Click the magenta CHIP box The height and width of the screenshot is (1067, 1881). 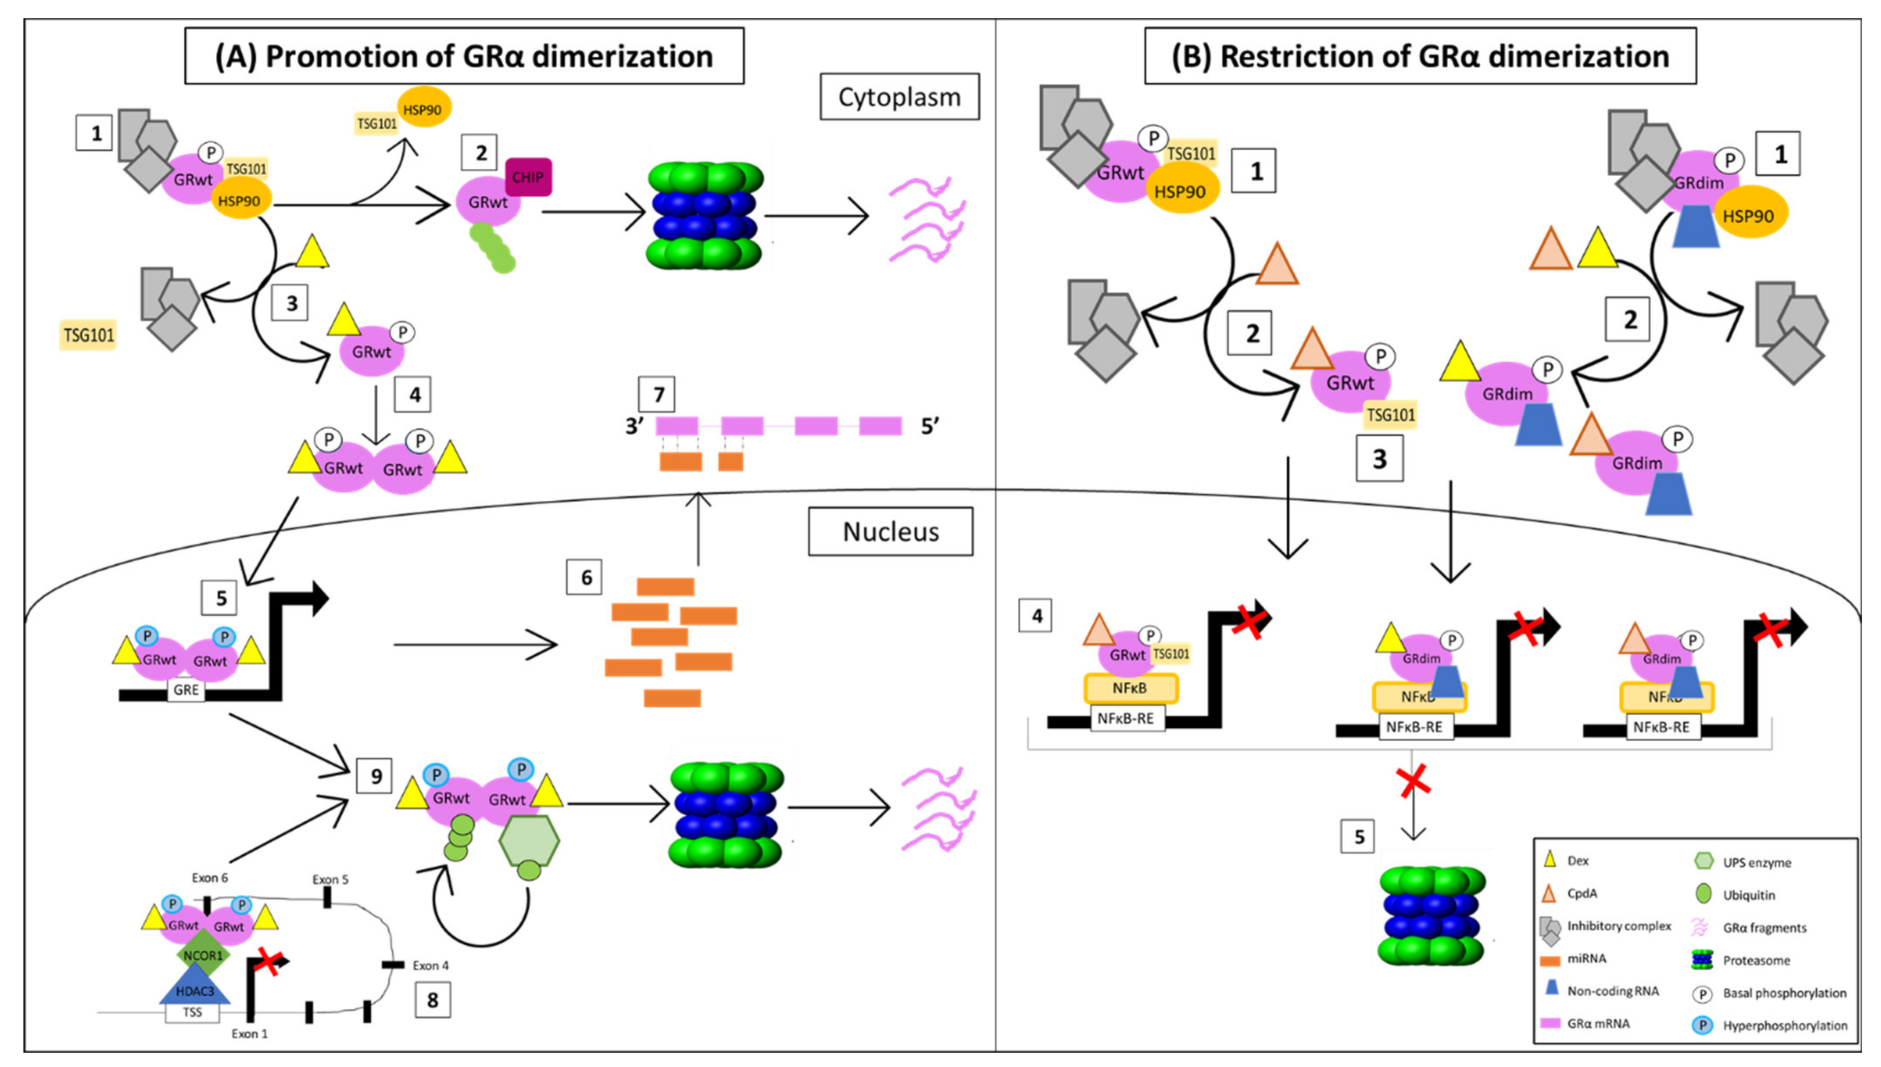coord(528,177)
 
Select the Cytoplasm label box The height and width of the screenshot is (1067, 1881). coord(899,97)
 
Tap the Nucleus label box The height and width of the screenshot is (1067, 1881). coord(890,531)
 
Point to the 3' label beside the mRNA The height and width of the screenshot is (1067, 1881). coord(635,426)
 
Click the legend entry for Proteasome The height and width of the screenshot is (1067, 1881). coord(1756,960)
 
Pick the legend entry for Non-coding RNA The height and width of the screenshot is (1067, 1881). coord(1612,991)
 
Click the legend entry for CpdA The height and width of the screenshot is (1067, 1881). coord(1581,893)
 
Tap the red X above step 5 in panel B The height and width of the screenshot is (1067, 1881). coord(1414,781)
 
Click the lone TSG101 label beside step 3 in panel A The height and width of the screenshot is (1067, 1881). coord(89,336)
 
